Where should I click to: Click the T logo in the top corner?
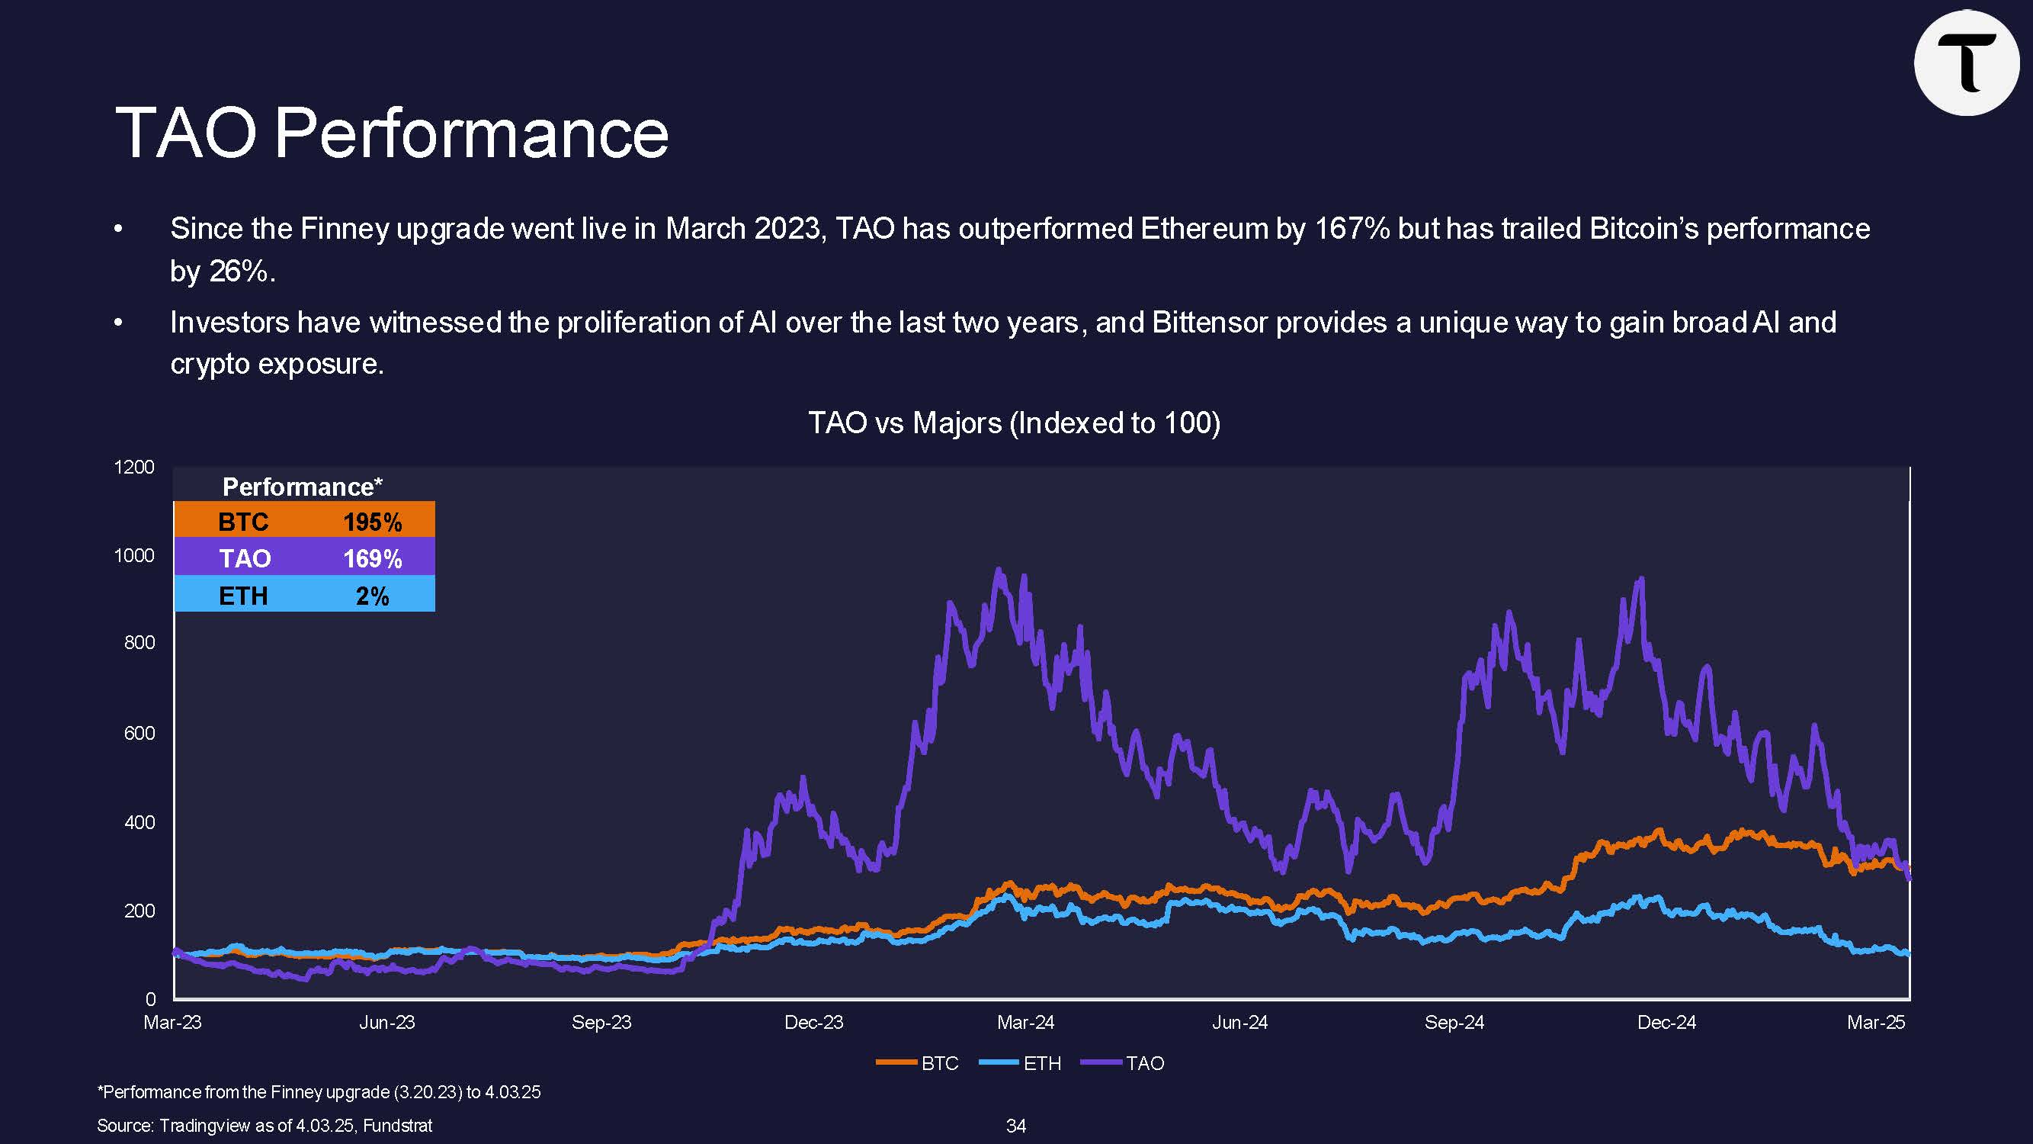pyautogui.click(x=1966, y=63)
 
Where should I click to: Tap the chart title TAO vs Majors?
pyautogui.click(x=1014, y=423)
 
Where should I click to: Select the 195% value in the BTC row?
pyautogui.click(x=373, y=522)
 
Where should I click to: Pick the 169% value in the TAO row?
pyautogui.click(x=373, y=559)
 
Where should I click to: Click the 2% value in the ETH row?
pyautogui.click(x=373, y=596)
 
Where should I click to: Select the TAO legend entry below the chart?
pyautogui.click(x=1144, y=1063)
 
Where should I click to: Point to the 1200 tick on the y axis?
pyautogui.click(x=134, y=467)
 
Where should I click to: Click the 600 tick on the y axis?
pyautogui.click(x=139, y=733)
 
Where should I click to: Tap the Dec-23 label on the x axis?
pyautogui.click(x=813, y=1023)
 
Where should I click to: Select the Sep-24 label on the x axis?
pyautogui.click(x=1454, y=1023)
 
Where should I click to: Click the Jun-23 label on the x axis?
pyautogui.click(x=386, y=1023)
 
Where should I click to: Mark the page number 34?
pyautogui.click(x=1015, y=1126)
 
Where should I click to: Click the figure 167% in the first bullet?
pyautogui.click(x=1351, y=229)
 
